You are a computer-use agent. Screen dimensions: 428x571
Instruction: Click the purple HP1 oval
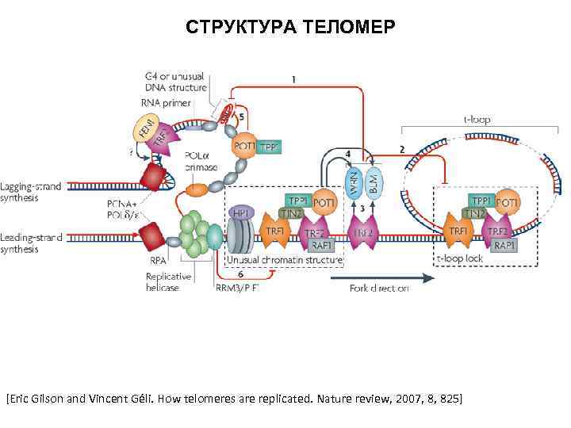coord(241,213)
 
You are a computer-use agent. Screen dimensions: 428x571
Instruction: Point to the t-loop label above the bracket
coord(476,120)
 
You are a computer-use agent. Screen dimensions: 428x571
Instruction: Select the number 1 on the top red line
coord(294,79)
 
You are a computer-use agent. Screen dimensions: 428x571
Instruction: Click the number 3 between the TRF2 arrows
coord(362,208)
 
